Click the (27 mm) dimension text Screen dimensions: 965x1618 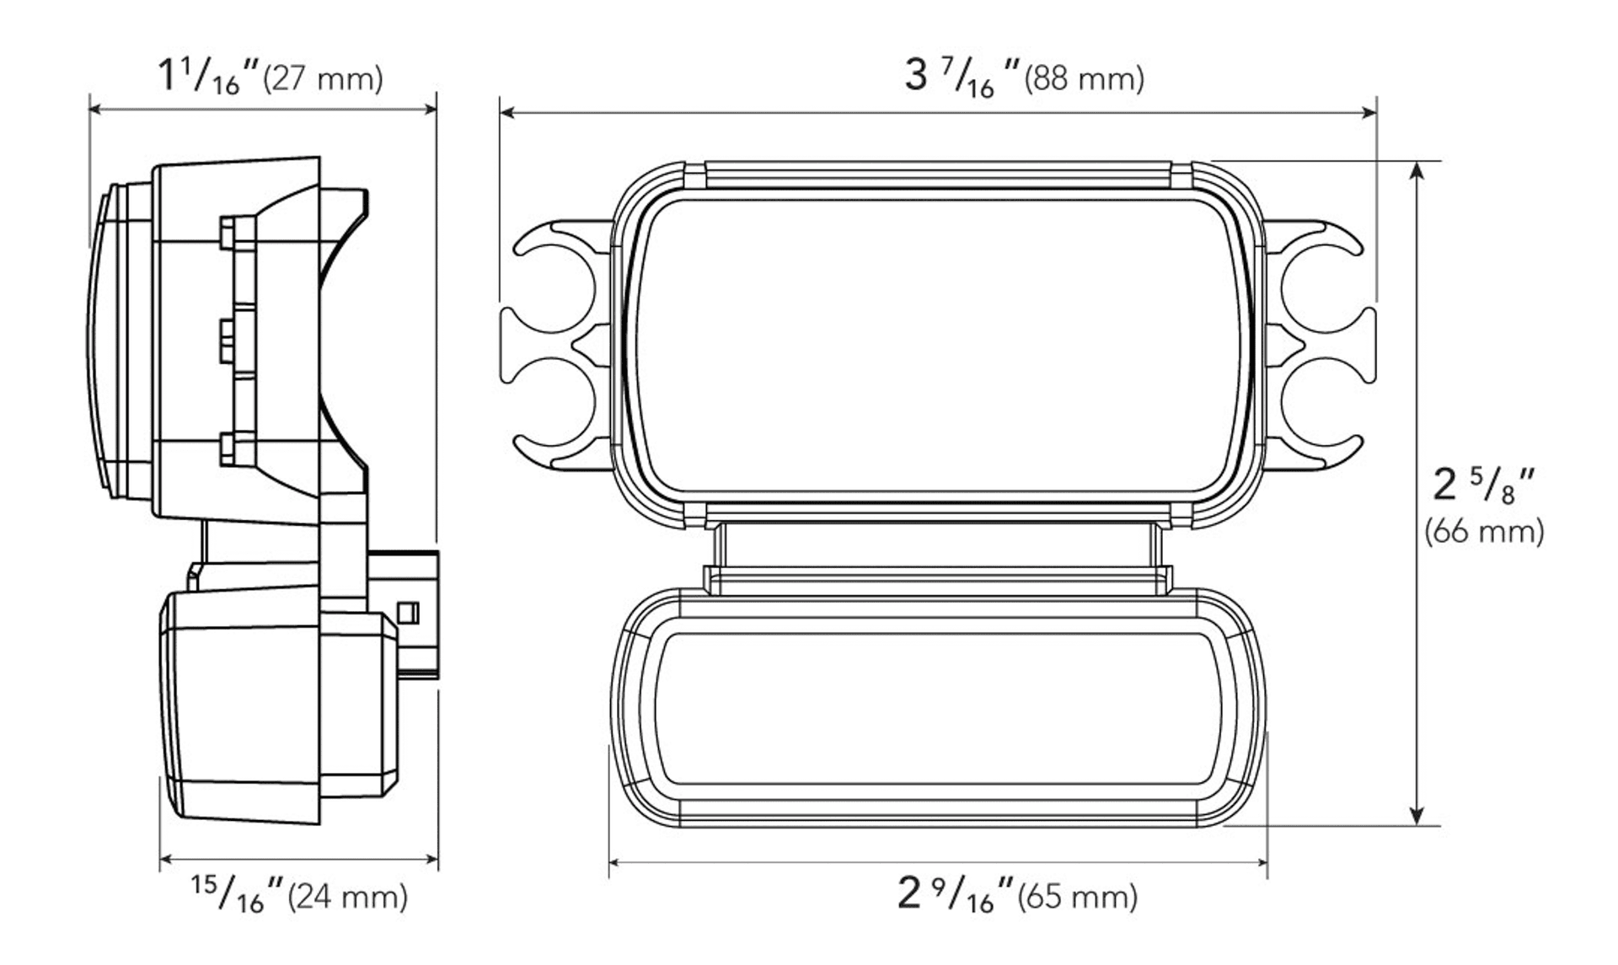[323, 79]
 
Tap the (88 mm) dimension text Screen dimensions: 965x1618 [1084, 79]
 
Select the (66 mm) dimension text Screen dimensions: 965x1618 [1484, 532]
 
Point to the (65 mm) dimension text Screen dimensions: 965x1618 [1077, 896]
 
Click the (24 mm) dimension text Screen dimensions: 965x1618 [347, 896]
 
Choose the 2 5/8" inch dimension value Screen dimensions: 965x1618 [1483, 486]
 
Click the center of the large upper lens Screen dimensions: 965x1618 [938, 346]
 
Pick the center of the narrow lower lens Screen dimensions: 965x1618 [938, 708]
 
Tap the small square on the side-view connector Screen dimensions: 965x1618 [408, 613]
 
